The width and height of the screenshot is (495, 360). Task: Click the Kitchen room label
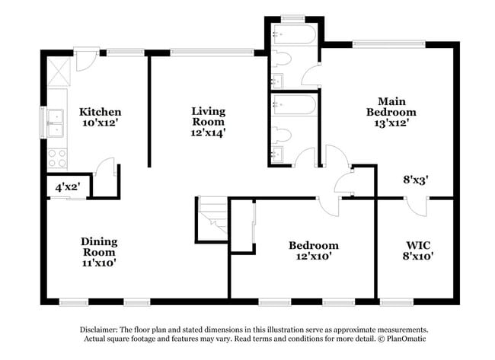(x=100, y=112)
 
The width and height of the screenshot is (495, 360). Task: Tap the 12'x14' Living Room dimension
(x=208, y=133)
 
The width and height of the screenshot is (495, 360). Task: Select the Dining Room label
(x=100, y=247)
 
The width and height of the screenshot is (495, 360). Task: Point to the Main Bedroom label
(x=391, y=107)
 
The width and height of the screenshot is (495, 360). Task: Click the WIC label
(x=418, y=245)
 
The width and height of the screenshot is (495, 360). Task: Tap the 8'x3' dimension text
(x=416, y=180)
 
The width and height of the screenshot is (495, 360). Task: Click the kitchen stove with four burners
(x=57, y=158)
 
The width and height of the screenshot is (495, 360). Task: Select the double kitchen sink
(x=56, y=123)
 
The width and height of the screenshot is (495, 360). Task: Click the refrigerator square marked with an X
(x=59, y=72)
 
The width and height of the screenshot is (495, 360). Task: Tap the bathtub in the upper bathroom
(x=295, y=34)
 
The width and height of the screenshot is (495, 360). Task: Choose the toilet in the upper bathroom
(x=281, y=59)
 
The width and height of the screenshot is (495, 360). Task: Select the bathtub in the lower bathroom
(x=295, y=105)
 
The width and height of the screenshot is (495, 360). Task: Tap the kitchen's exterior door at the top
(x=85, y=60)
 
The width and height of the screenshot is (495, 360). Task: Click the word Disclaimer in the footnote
(x=99, y=330)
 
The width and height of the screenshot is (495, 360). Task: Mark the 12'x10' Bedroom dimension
(x=314, y=256)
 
